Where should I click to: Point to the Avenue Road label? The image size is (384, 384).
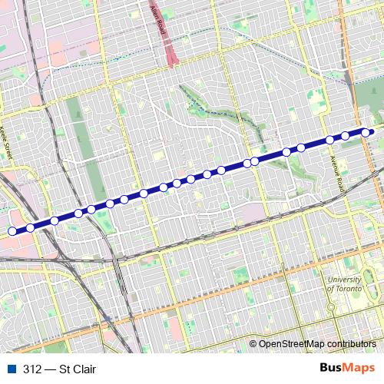point(336,170)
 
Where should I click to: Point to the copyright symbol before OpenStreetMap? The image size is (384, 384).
point(253,344)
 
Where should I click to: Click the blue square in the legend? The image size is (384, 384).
point(11,369)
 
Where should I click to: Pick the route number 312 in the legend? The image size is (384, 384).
point(32,369)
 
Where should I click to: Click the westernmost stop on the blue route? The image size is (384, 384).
point(12,231)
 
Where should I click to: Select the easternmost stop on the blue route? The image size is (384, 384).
point(366,132)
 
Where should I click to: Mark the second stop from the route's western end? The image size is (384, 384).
point(30,227)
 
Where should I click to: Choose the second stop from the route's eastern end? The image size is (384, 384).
point(346,136)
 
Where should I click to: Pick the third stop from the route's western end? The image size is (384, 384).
point(55,221)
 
